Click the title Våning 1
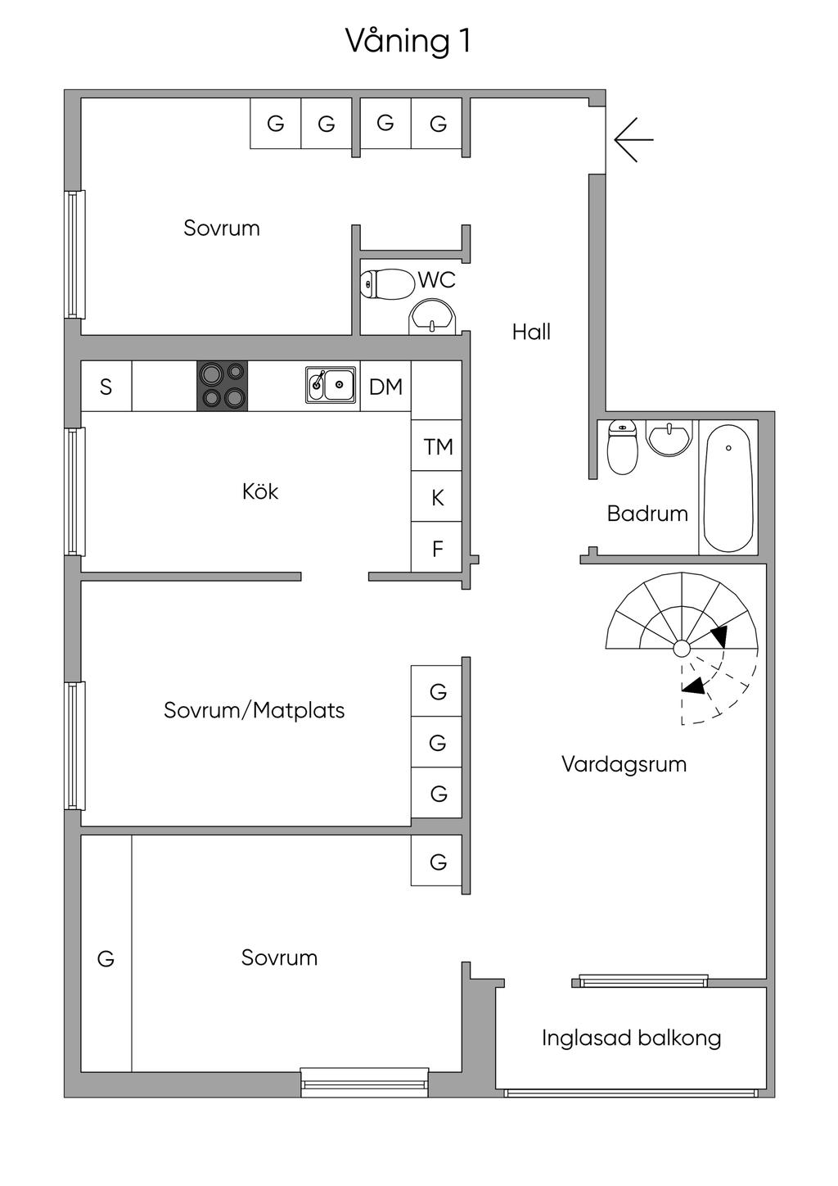(408, 41)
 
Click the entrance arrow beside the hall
(633, 139)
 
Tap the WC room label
(436, 280)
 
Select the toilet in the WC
(386, 284)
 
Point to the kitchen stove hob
(222, 386)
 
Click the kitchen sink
(331, 384)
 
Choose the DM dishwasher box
(385, 387)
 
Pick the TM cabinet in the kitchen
(437, 446)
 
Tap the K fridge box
(437, 497)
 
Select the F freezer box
(437, 548)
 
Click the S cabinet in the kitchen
(106, 387)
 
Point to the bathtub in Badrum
(728, 487)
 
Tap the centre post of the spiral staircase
(681, 650)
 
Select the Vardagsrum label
(624, 764)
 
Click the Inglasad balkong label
(631, 1039)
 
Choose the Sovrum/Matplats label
(254, 709)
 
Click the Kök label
(260, 491)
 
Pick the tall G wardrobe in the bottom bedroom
(106, 958)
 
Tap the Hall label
(531, 332)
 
